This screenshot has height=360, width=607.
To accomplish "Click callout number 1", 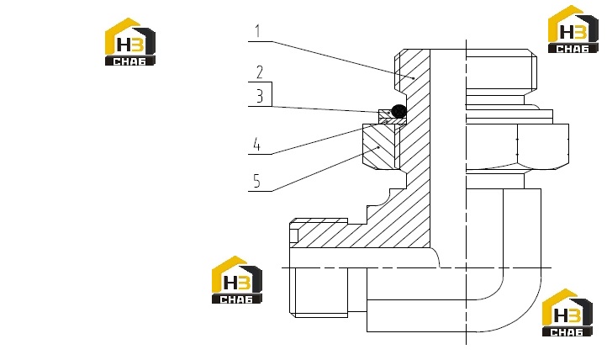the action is click(258, 31).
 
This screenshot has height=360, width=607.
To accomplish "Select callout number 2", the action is click(260, 72).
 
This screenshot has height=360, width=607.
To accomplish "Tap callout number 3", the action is click(260, 96).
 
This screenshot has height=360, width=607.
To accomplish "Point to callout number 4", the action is click(256, 145).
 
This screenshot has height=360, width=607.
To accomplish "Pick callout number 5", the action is click(256, 181).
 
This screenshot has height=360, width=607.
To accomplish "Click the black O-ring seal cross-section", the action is click(399, 111).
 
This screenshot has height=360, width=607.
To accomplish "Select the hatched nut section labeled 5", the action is click(379, 146).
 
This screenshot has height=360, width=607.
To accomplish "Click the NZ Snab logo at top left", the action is click(130, 42).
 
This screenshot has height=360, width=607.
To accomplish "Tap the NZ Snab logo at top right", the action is click(573, 29).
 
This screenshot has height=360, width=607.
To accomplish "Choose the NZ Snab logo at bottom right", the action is click(567, 313).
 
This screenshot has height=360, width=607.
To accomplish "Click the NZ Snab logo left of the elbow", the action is click(237, 280).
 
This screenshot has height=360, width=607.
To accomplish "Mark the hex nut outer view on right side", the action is click(518, 146).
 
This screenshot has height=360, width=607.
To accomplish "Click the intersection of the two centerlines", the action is click(466, 267).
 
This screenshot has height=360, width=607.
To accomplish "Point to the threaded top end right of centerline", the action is click(501, 72).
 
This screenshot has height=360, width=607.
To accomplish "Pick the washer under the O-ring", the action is click(393, 122).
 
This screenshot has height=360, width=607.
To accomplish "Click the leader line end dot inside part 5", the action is click(378, 147).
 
